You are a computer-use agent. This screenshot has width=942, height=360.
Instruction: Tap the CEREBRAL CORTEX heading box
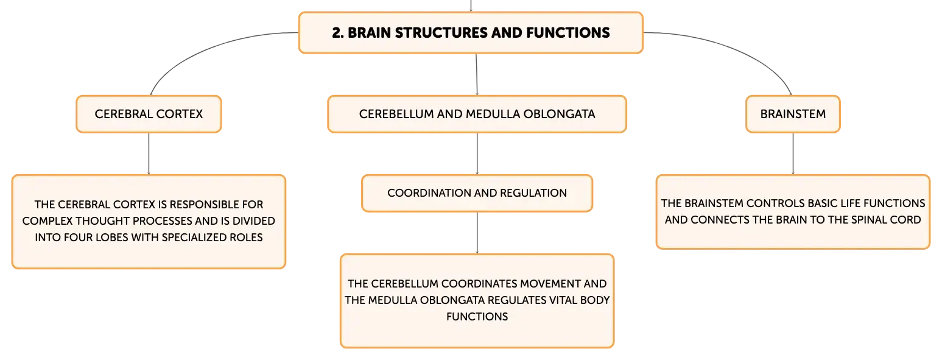pos(149,114)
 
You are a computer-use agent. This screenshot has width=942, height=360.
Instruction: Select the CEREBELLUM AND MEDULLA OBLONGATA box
pos(477,114)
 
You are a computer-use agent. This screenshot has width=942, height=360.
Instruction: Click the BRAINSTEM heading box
pos(793,114)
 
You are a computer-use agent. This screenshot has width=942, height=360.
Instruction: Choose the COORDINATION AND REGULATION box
pos(477,193)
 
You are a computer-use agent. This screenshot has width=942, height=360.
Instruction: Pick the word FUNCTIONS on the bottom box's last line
pos(477,317)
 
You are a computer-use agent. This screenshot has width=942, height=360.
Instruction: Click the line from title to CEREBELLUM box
pos(476,74)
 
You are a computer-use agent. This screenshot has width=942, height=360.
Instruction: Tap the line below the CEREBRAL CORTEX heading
pos(149,154)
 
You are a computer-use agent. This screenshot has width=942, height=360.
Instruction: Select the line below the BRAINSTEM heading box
pos(793,154)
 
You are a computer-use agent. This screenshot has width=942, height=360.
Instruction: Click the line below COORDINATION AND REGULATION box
pos(477,233)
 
